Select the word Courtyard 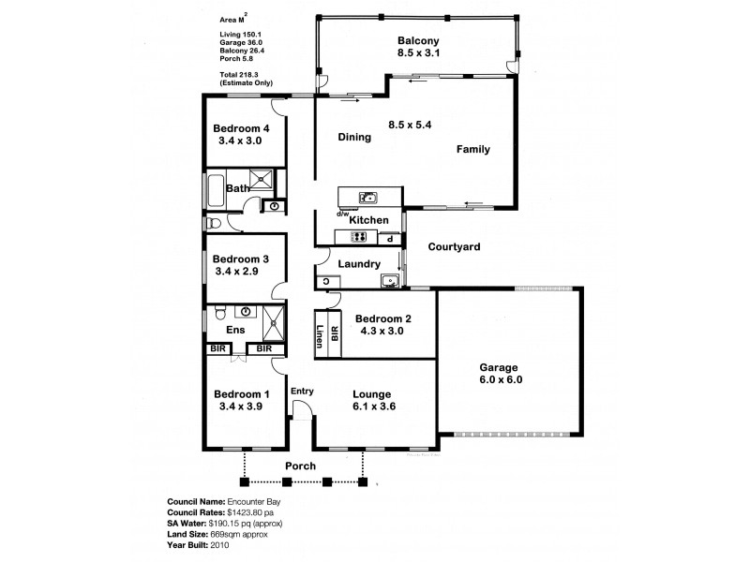[x=454, y=247]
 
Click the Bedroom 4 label [x=241, y=128]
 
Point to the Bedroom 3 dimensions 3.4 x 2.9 [x=236, y=271]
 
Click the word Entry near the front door [x=302, y=391]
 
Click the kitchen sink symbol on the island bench [x=368, y=197]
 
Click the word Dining [x=355, y=137]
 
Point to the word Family [x=473, y=149]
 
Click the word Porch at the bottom [x=301, y=466]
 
